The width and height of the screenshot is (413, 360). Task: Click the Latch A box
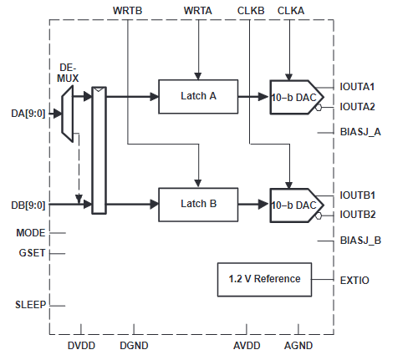point(198,97)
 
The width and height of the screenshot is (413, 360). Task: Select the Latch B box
point(198,205)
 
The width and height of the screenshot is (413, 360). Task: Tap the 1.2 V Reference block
point(264,279)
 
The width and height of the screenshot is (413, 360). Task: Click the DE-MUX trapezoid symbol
point(68,114)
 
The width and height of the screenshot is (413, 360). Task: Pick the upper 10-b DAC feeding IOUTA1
point(297,97)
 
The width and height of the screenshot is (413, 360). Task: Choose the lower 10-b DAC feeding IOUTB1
point(297,205)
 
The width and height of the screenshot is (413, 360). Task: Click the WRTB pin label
point(127,11)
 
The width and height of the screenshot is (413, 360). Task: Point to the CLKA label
point(291,11)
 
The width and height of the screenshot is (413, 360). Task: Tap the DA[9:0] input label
point(28,114)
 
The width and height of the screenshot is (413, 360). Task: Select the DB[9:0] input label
point(28,205)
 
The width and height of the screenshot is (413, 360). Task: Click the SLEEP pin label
point(30,305)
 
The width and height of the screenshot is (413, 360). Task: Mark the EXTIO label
point(354,281)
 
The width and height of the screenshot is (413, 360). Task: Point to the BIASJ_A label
point(360,132)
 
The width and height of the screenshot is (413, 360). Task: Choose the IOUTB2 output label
point(358,215)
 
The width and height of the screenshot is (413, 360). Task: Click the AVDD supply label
point(247,346)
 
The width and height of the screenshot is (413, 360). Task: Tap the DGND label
point(134,346)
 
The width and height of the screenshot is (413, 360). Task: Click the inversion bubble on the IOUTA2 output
point(319,107)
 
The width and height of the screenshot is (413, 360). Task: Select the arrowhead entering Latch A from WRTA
point(198,76)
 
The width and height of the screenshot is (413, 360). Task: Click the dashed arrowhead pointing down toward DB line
point(79,199)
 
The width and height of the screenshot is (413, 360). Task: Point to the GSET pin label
point(32,253)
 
